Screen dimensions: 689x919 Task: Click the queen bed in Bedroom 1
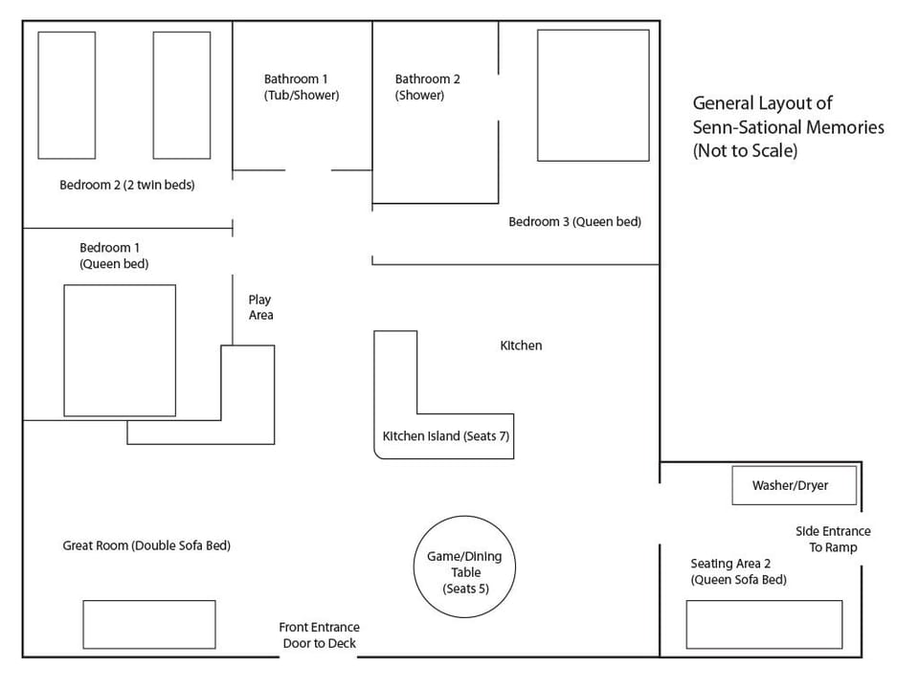(x=120, y=350)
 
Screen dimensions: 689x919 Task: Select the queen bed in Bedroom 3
(x=593, y=95)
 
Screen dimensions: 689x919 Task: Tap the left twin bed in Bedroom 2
(x=66, y=95)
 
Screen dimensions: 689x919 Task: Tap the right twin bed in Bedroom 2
(x=182, y=95)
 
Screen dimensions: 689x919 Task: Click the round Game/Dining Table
(x=465, y=565)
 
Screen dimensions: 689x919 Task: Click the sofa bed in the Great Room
(x=148, y=624)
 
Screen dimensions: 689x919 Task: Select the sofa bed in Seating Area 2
(x=764, y=624)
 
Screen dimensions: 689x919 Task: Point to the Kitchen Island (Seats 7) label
(x=445, y=436)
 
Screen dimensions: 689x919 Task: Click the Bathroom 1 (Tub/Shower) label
(x=302, y=87)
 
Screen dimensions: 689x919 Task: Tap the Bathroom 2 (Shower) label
(x=428, y=87)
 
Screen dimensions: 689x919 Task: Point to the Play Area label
(x=260, y=307)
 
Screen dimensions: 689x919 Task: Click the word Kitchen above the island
(x=521, y=345)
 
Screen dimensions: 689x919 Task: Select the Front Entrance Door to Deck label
(x=319, y=635)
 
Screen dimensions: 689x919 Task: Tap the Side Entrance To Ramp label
(x=833, y=540)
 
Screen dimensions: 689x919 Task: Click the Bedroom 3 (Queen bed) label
(x=574, y=222)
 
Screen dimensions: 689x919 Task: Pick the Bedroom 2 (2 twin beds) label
(x=126, y=185)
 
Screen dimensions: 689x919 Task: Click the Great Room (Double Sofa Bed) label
(x=146, y=545)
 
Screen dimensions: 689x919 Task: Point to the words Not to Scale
(x=745, y=151)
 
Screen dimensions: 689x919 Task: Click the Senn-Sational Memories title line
(x=788, y=127)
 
